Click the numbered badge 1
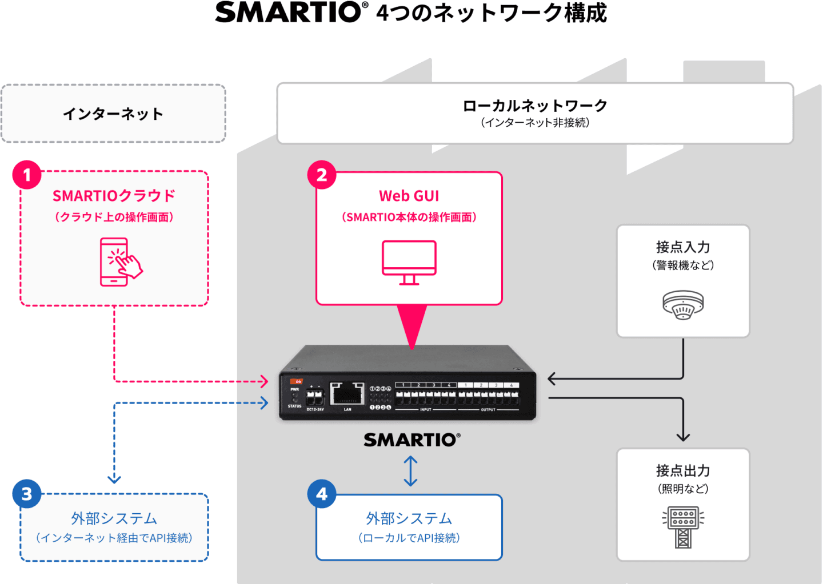point(27,175)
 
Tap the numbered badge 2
point(322,175)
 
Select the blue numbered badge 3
point(27,494)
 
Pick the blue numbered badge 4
point(322,494)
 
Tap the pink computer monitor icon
point(409,262)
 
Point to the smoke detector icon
point(683,304)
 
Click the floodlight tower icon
point(683,526)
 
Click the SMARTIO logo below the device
point(411,440)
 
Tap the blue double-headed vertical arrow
point(410,471)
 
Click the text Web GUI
point(409,196)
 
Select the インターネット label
point(113,114)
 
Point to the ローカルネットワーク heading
point(535,106)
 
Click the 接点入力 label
point(683,247)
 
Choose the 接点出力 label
point(683,470)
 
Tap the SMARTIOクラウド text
point(114,196)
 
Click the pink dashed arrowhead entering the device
point(264,381)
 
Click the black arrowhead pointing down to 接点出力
point(683,437)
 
